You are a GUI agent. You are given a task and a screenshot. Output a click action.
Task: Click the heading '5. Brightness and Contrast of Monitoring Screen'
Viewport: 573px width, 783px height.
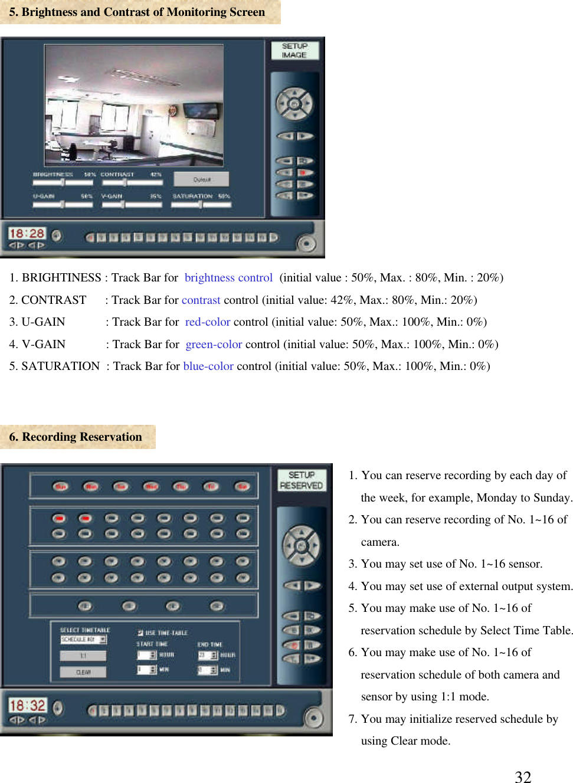coord(137,12)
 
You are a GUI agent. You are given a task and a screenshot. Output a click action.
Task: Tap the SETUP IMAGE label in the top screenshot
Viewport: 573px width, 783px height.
coord(294,51)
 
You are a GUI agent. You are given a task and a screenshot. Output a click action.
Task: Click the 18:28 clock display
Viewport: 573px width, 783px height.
coord(27,234)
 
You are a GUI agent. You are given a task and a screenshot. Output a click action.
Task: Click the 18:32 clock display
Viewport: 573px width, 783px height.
coord(27,705)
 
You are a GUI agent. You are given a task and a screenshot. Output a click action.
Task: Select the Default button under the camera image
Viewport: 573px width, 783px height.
coord(201,179)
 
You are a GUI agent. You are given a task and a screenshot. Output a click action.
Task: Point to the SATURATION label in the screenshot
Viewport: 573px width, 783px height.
coord(192,196)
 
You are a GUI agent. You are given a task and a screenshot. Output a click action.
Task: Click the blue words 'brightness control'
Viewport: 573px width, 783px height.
coord(228,278)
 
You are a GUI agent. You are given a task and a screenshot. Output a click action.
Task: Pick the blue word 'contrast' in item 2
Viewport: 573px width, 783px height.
coord(201,300)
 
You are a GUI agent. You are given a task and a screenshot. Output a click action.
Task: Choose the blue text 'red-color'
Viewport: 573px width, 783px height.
coord(207,322)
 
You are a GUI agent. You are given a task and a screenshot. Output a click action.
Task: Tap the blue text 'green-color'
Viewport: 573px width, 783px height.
coord(214,345)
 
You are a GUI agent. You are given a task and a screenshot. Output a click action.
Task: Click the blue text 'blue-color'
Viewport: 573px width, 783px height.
coord(208,366)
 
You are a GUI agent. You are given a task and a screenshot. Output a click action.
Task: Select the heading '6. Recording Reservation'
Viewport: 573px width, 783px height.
coord(76,437)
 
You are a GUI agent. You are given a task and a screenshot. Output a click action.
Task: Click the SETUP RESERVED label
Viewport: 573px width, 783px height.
coord(301,480)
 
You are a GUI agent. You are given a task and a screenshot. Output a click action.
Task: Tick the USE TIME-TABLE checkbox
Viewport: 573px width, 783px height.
coord(140,633)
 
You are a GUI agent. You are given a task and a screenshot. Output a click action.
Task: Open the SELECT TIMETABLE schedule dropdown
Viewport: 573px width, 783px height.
coord(103,640)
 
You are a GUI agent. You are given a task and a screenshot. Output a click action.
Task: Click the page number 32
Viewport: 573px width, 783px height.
coord(523,777)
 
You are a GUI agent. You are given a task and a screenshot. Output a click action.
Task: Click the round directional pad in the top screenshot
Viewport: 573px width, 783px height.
coord(294,104)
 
